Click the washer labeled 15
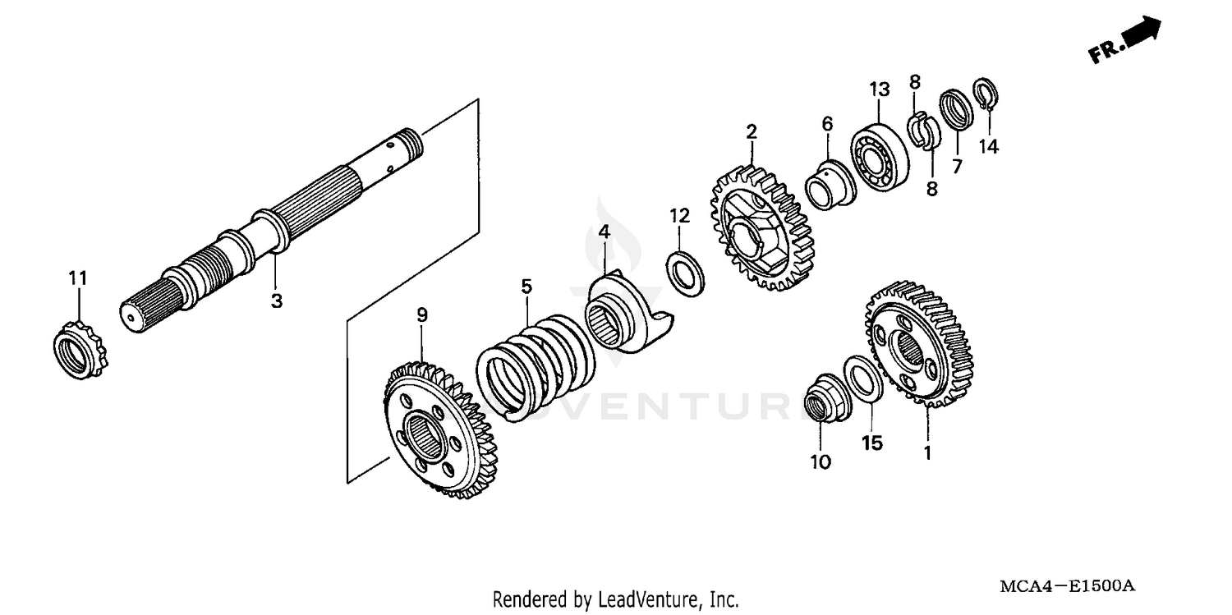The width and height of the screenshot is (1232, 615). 863,379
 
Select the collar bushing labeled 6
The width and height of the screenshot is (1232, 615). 827,184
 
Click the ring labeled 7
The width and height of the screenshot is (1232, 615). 955,109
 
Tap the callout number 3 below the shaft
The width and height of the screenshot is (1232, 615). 276,301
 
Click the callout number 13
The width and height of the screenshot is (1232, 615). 879,88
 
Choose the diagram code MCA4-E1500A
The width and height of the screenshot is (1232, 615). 1067,585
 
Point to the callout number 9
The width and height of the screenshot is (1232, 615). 421,314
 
